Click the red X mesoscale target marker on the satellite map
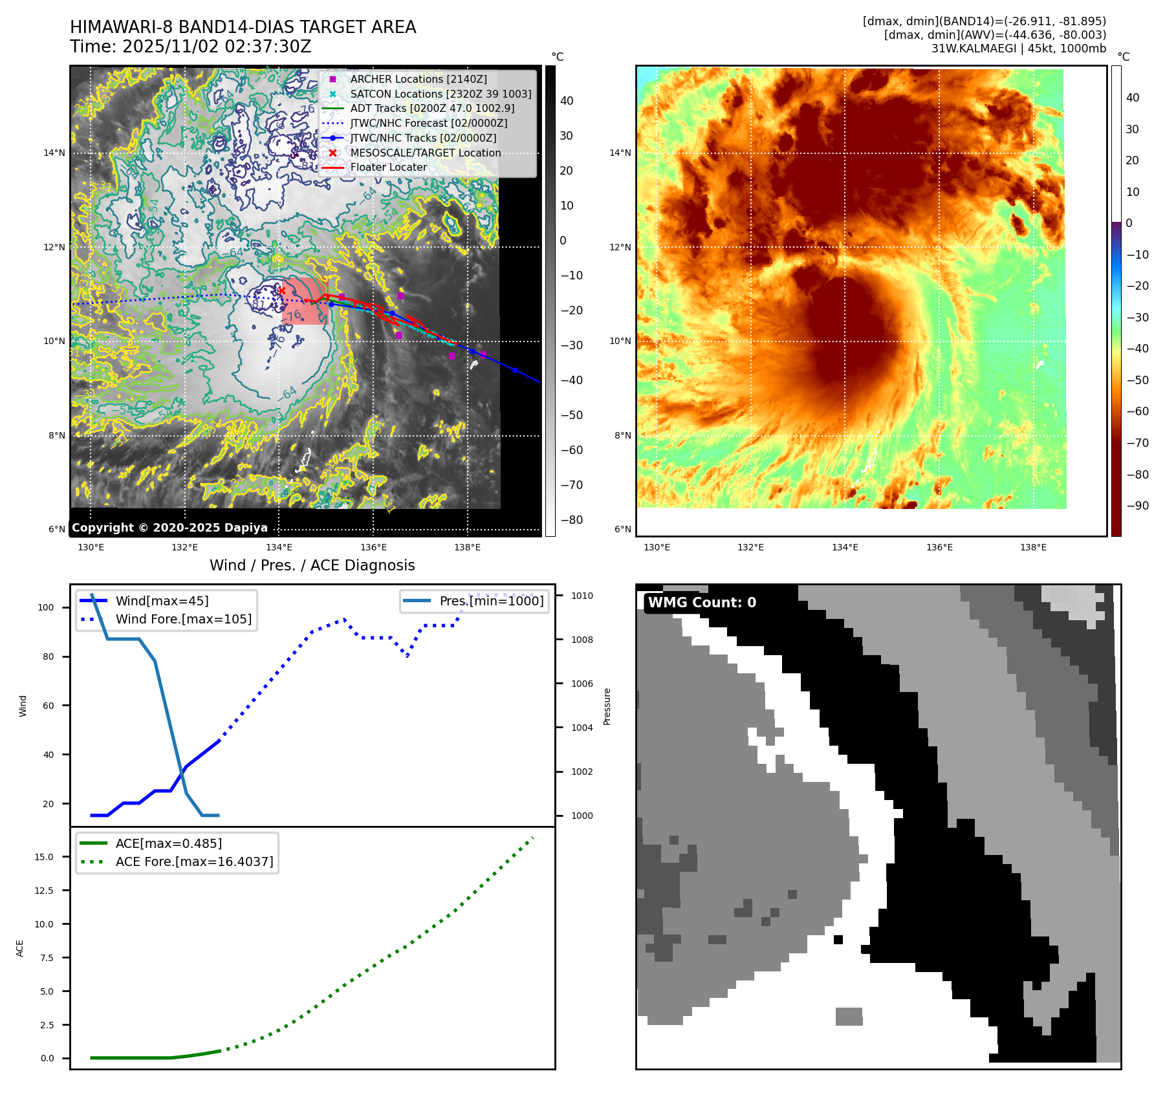click(x=281, y=291)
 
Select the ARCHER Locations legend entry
click(x=418, y=79)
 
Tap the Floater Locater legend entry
click(x=388, y=167)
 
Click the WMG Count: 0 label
click(x=702, y=603)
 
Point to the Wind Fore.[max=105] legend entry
click(x=183, y=619)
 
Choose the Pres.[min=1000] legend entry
click(x=491, y=601)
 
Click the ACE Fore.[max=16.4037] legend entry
click(x=194, y=861)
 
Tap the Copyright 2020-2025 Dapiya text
click(x=169, y=528)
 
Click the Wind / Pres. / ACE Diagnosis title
click(x=312, y=565)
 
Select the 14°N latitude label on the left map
click(x=54, y=153)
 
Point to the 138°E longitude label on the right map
click(x=1033, y=548)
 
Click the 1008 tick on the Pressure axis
click(x=582, y=640)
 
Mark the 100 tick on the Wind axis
click(x=46, y=607)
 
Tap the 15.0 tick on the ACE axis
click(x=44, y=857)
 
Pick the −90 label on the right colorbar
click(x=1137, y=506)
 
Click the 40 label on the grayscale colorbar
click(x=567, y=101)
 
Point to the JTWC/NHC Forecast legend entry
click(x=428, y=123)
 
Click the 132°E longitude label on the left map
click(x=184, y=548)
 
